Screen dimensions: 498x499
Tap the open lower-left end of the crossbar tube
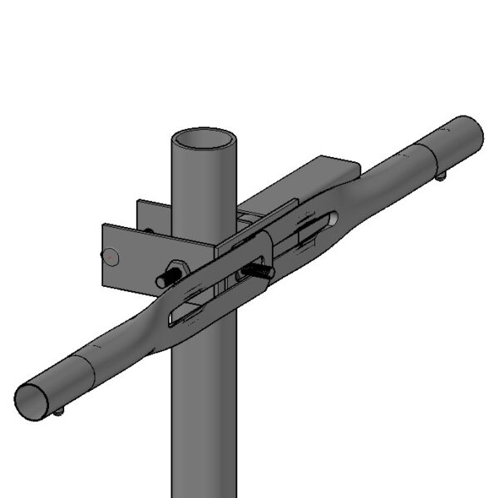tap(33, 402)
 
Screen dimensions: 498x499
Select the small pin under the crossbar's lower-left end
tap(59, 412)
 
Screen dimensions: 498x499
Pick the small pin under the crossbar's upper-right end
tap(440, 175)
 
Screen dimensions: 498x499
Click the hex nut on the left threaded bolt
tap(175, 272)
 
